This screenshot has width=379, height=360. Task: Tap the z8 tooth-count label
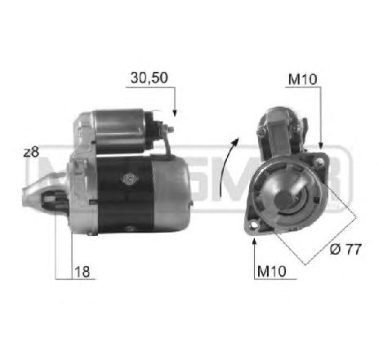tap(32, 151)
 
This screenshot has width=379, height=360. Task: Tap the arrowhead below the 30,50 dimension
tap(174, 114)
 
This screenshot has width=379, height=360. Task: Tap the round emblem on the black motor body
tap(129, 179)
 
